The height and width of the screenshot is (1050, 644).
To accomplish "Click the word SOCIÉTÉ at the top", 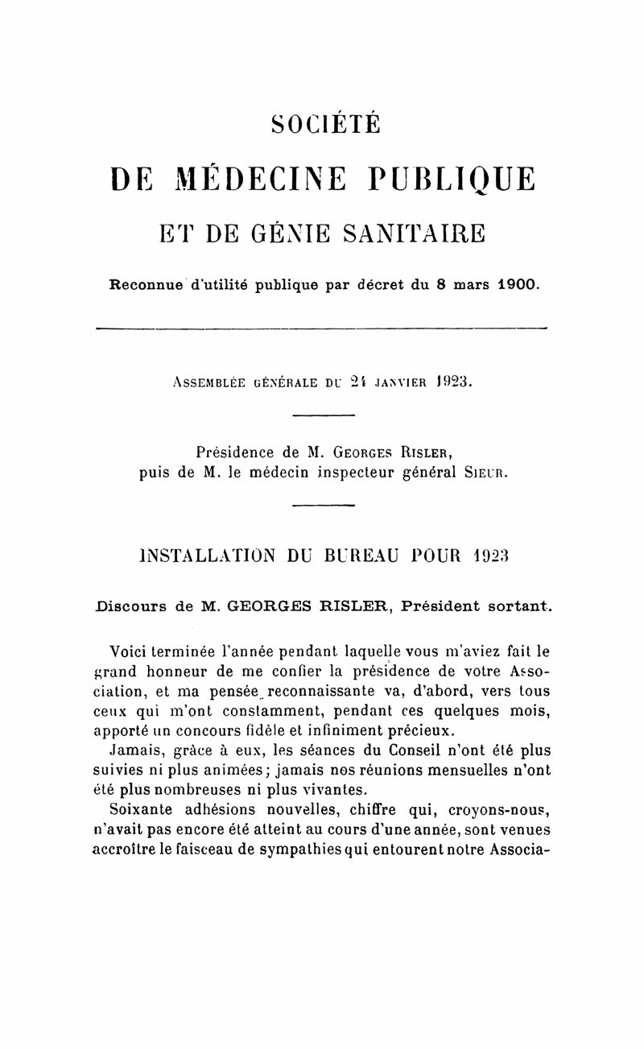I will [325, 124].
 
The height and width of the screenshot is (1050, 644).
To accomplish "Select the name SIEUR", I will [483, 472].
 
